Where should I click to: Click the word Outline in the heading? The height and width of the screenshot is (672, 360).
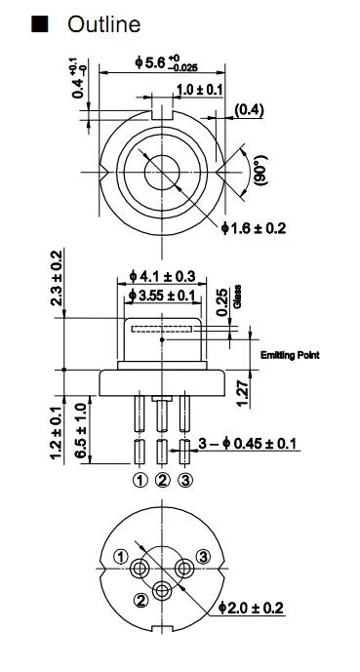(103, 24)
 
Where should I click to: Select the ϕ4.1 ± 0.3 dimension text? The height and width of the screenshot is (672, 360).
(162, 275)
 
